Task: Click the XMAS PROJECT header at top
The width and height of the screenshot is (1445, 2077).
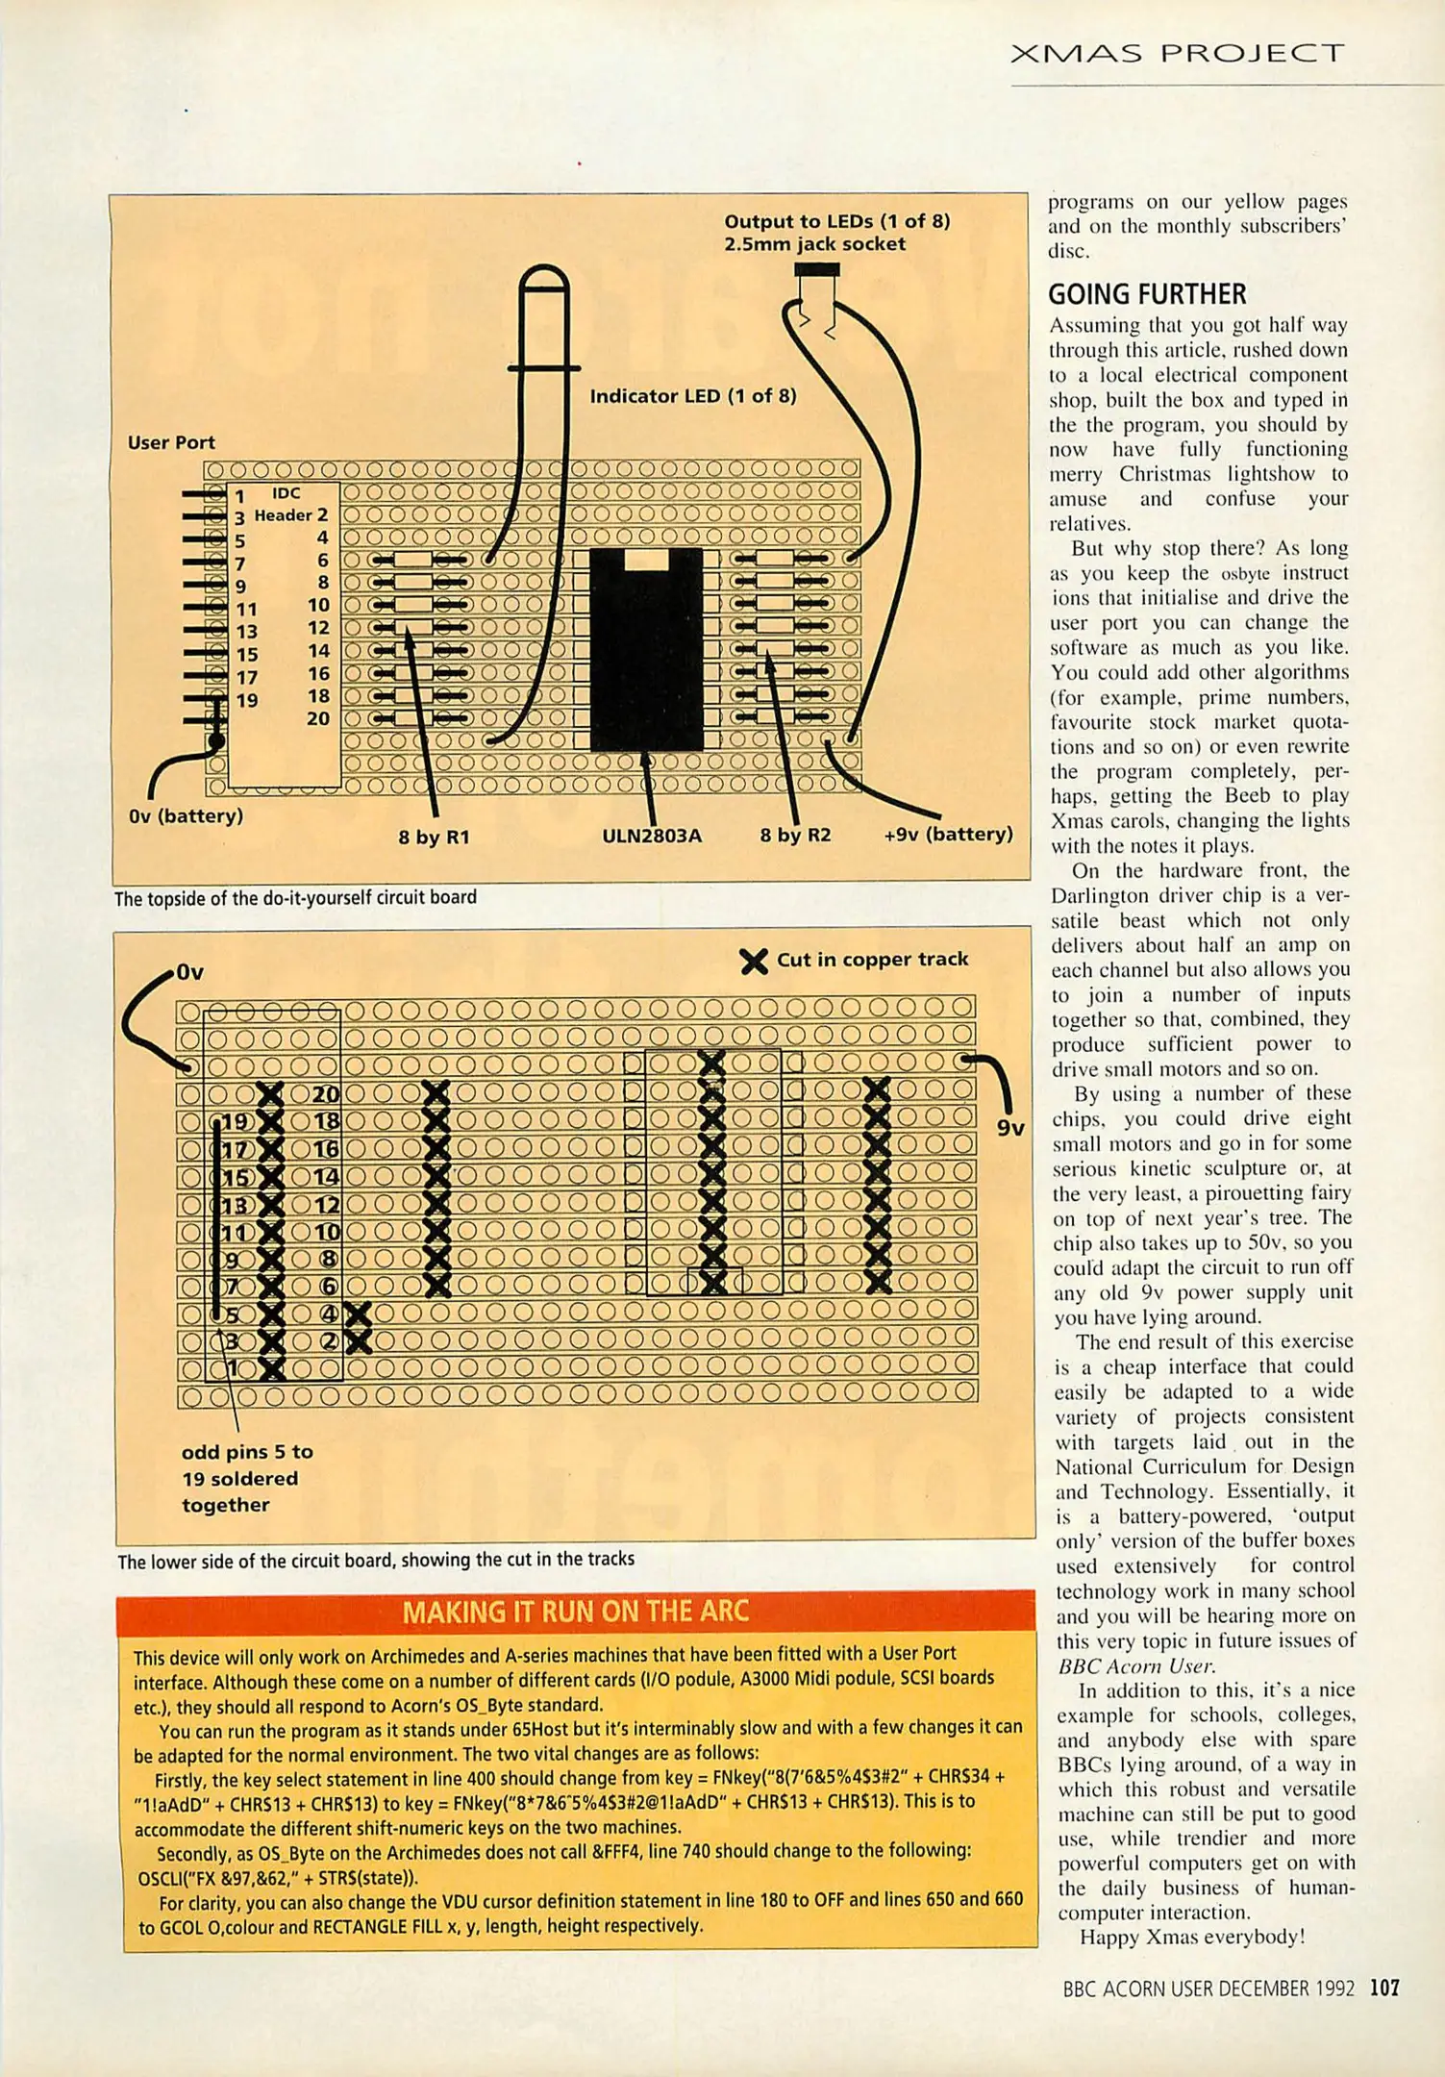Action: tap(1177, 53)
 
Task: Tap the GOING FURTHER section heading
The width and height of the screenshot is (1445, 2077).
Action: tap(1147, 293)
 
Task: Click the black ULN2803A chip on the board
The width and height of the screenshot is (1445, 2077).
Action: tap(646, 649)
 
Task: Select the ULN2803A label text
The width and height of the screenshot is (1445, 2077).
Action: tap(652, 836)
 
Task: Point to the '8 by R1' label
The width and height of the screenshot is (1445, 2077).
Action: tap(434, 837)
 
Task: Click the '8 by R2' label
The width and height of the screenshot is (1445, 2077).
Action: tap(795, 835)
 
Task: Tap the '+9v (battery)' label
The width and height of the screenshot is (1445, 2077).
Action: tap(948, 834)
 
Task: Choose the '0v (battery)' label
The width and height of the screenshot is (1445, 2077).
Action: tap(186, 816)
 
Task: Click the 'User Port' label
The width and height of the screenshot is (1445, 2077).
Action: tap(171, 442)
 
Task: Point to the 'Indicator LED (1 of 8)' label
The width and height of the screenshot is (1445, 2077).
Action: tap(693, 396)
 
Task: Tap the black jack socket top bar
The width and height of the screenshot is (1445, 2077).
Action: tap(817, 270)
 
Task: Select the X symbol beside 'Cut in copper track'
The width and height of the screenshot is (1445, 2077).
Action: tap(755, 961)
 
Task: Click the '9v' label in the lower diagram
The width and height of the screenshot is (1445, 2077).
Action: tap(1010, 1128)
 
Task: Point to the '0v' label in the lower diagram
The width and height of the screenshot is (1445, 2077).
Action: tap(190, 973)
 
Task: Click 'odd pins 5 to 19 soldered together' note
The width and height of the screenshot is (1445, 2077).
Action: tap(247, 1478)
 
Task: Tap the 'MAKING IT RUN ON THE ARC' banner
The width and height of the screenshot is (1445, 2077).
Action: tap(575, 1612)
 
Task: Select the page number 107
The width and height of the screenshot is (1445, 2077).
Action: tap(1384, 1988)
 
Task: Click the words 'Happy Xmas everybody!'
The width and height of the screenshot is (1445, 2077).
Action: tap(1192, 1937)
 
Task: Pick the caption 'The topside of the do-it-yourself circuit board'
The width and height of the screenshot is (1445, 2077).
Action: tap(295, 897)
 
